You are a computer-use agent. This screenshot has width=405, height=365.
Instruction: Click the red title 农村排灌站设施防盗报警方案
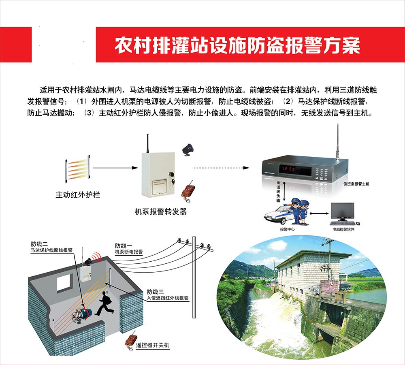237,46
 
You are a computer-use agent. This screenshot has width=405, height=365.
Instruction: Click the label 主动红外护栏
78,194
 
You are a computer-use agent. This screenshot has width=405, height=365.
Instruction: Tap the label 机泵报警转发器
161,211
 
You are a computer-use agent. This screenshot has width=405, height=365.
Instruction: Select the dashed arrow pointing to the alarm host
222,168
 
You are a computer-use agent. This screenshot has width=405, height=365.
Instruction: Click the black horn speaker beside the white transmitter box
188,149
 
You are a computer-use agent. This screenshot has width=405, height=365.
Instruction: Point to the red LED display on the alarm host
288,169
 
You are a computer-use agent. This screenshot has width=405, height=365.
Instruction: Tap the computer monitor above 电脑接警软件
343,212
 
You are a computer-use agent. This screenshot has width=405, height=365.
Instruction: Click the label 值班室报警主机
356,184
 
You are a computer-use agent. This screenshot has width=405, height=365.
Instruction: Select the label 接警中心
287,229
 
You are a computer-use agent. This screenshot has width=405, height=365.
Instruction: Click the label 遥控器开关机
152,345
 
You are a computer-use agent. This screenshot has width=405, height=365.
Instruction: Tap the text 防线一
124,245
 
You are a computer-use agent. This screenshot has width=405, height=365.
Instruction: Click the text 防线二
39,244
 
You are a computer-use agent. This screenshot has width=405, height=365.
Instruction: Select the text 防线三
155,292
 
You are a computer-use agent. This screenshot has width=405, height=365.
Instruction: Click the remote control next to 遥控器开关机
131,340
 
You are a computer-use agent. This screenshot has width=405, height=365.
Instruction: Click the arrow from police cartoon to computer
319,213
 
